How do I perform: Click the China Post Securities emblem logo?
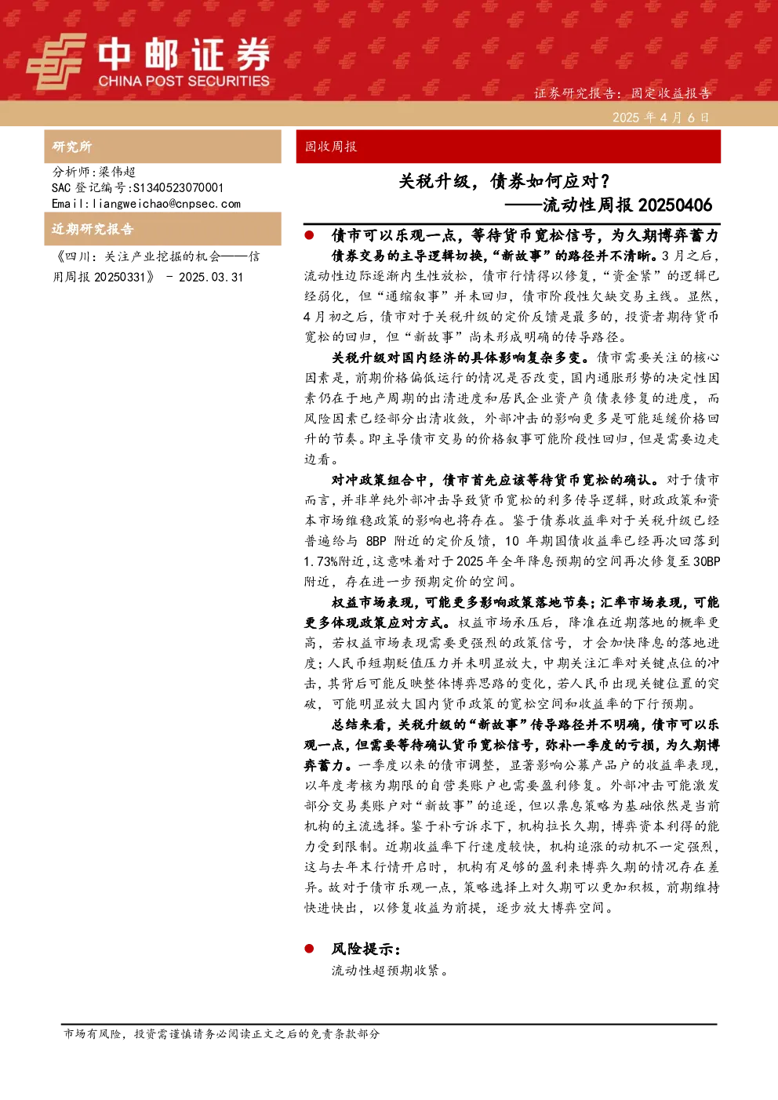pyautogui.click(x=56, y=61)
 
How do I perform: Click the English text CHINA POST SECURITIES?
pyautogui.click(x=184, y=81)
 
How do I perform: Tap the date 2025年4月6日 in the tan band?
pyautogui.click(x=660, y=118)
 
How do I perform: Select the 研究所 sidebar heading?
pyautogui.click(x=71, y=147)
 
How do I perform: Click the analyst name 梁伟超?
pyautogui.click(x=117, y=172)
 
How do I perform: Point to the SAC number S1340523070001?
pyautogui.click(x=178, y=187)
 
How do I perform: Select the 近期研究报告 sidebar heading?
pyautogui.click(x=93, y=229)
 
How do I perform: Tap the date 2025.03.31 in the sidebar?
pyautogui.click(x=211, y=278)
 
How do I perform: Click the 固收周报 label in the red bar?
pyautogui.click(x=330, y=147)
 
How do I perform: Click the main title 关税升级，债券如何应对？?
pyautogui.click(x=504, y=182)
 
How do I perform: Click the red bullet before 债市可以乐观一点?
pyautogui.click(x=309, y=235)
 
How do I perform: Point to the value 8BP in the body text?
pyautogui.click(x=376, y=541)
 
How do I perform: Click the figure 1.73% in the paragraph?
pyautogui.click(x=321, y=561)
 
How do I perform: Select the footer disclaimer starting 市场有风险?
pyautogui.click(x=221, y=1033)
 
